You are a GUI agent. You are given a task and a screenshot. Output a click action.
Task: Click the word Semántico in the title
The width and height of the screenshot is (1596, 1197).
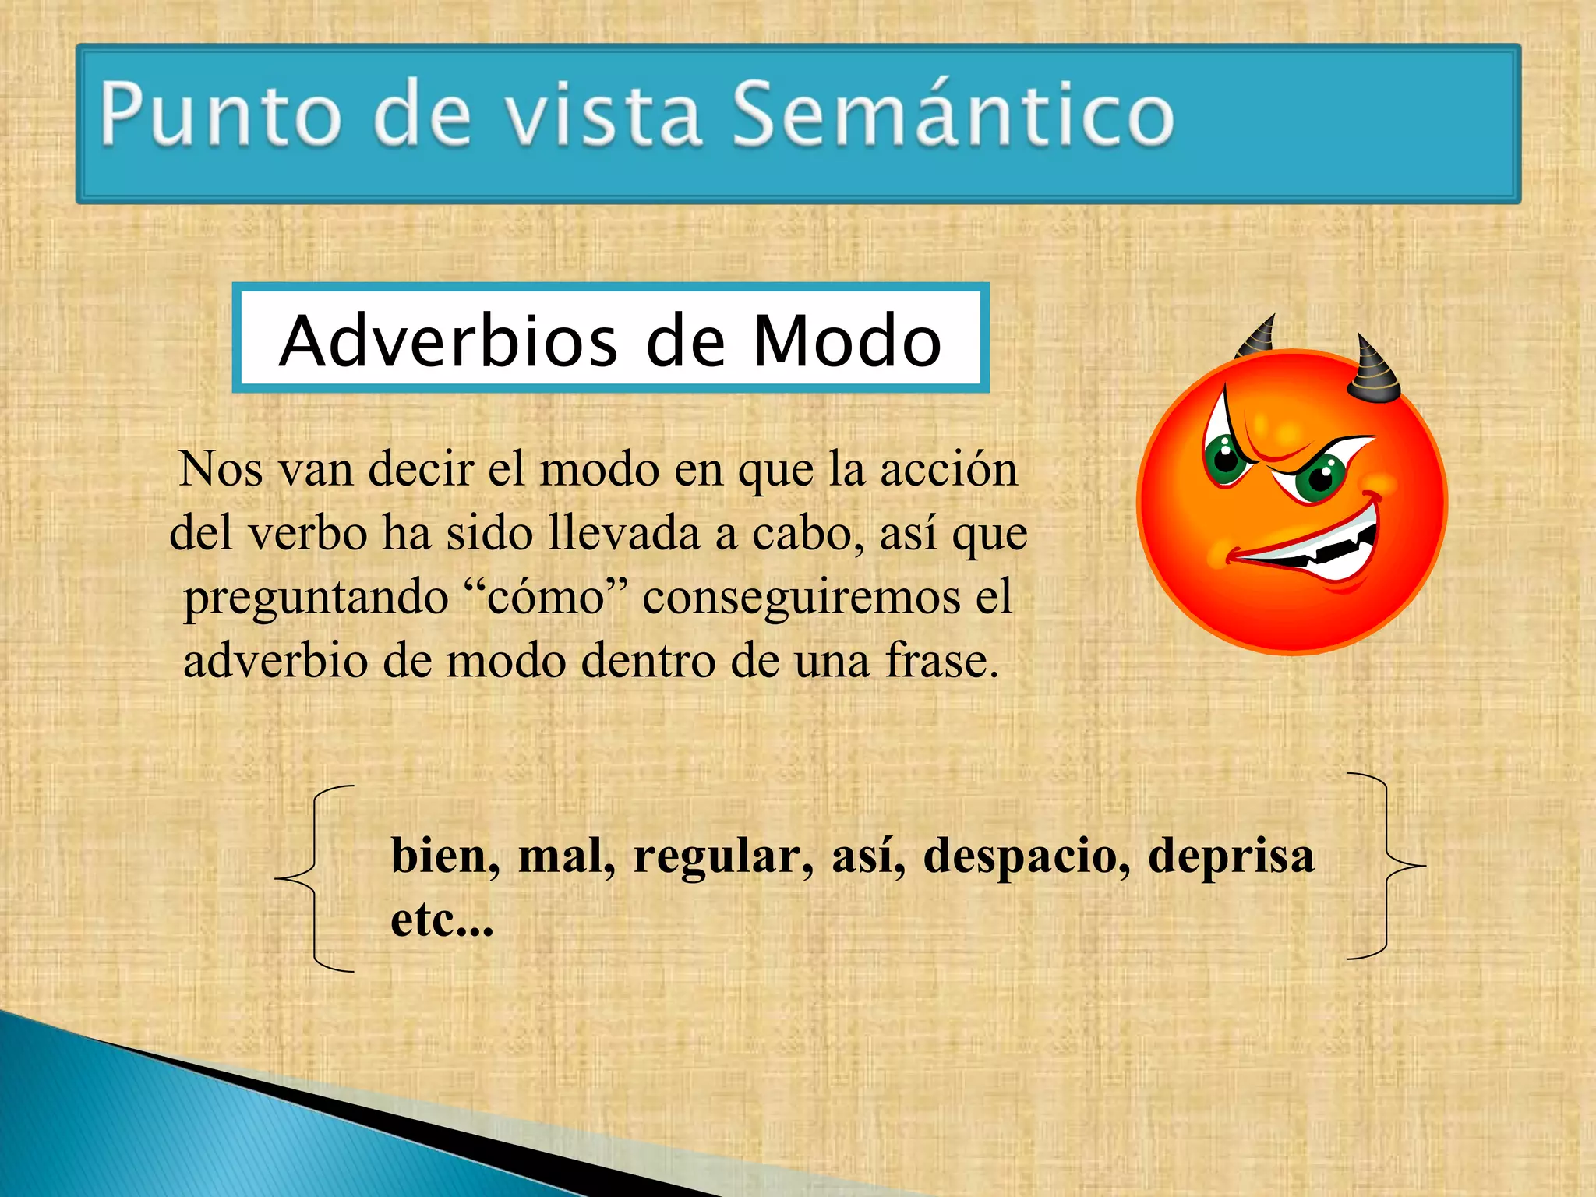(x=952, y=115)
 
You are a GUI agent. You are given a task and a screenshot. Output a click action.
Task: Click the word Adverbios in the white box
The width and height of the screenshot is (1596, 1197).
(x=449, y=341)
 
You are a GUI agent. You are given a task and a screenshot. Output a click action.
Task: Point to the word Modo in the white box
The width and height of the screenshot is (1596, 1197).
(x=847, y=341)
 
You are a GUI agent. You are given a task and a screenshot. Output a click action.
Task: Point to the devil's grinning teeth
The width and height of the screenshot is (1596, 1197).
(x=1325, y=550)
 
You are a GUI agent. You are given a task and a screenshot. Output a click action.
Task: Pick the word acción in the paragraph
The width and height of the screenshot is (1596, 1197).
(x=948, y=470)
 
